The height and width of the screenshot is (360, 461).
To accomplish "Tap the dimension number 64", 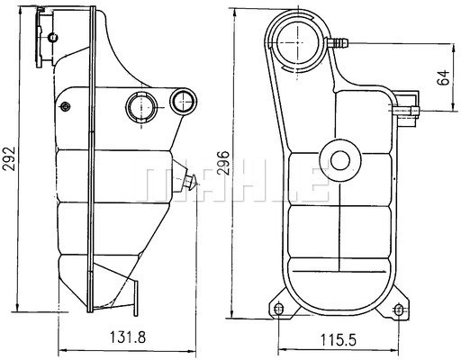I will pyautogui.click(x=442, y=77).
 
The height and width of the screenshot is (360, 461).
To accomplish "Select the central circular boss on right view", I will pyautogui.click(x=339, y=160).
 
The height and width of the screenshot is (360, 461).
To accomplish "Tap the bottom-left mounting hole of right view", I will pyautogui.click(x=278, y=310).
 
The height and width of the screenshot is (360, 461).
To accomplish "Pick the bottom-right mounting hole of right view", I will pyautogui.click(x=399, y=310).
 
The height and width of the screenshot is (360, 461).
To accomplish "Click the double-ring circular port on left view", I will pyautogui.click(x=140, y=106).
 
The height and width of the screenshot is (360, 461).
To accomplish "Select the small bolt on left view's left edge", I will pyautogui.click(x=65, y=107).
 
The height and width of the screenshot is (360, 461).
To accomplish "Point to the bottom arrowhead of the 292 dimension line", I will pyautogui.click(x=25, y=310).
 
